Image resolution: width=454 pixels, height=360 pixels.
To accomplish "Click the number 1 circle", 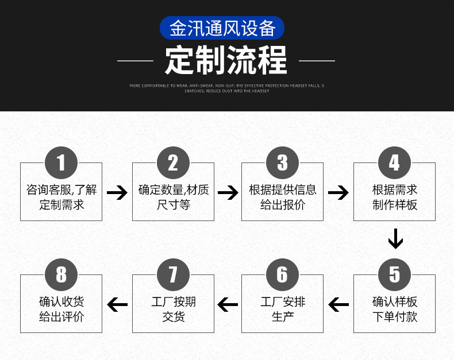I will pos(61,162).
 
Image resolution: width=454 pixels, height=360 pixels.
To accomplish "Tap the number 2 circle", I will pos(173,162).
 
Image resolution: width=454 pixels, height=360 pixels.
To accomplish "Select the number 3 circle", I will pos(282,162).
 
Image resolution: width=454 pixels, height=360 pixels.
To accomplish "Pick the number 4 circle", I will pos(394,162).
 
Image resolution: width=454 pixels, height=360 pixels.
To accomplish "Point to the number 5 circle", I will pos(394,274).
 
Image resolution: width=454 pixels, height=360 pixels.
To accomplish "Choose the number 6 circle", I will pos(282,274).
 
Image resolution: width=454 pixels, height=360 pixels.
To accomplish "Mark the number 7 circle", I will pos(173,274).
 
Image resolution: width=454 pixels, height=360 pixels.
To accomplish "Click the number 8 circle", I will pos(61,274).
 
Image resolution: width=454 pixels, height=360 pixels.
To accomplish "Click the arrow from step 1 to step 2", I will pos(117,192).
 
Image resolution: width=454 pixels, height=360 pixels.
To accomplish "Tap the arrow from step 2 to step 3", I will pos(228,192).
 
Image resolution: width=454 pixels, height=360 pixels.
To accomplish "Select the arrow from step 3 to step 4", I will pos(338,192).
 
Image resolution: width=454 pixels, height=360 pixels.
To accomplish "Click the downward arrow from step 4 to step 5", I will pos(395,239).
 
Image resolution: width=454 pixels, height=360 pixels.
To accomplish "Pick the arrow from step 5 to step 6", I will pos(338,304).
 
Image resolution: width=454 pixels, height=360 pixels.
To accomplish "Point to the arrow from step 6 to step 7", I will pos(228,304).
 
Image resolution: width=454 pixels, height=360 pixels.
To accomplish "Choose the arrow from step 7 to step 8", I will pos(117,304).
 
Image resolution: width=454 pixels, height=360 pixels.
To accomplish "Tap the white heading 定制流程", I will pos(226,60).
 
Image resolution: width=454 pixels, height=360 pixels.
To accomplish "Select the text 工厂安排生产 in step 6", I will pos(282,309).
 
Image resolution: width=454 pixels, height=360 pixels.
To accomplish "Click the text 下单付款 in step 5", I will pos(394,316).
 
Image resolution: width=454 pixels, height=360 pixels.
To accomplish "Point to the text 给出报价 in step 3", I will pos(282,204).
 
